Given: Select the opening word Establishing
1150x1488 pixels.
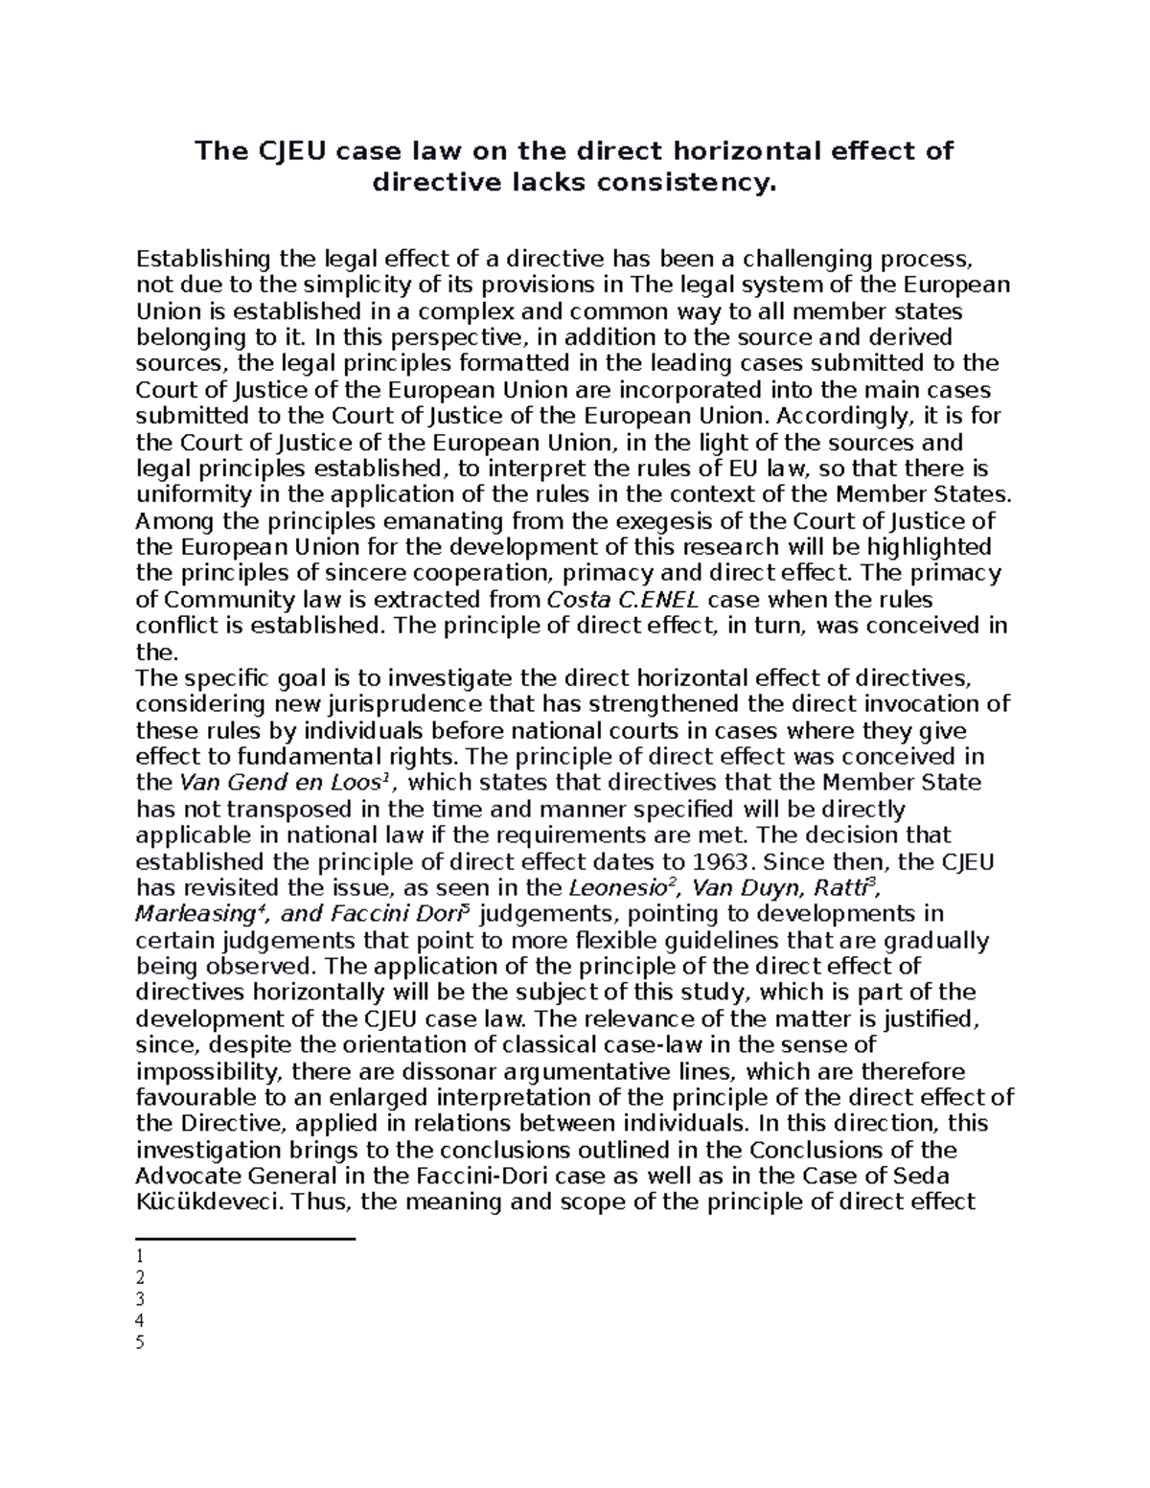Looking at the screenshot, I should pyautogui.click(x=204, y=259).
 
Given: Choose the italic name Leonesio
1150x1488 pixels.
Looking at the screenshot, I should pyautogui.click(x=617, y=887).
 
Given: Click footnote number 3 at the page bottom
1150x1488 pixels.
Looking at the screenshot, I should pyautogui.click(x=140, y=1299).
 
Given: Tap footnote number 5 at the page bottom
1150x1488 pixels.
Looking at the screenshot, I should pyautogui.click(x=140, y=1342).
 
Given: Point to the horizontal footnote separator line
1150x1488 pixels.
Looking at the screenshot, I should pyautogui.click(x=245, y=1239).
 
